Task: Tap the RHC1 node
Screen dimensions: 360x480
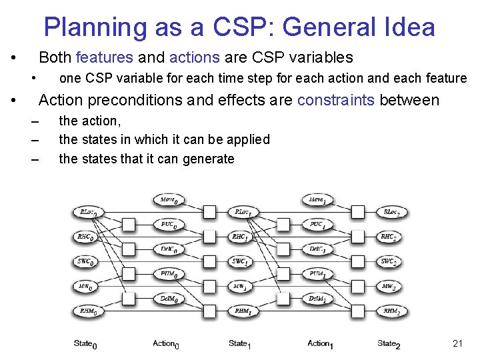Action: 241,237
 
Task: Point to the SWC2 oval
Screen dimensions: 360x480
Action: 391,261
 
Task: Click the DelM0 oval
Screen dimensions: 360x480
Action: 169,299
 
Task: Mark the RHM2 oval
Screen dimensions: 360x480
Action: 391,311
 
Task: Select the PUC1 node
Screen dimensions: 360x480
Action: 318,225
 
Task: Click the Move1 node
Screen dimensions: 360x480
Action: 318,199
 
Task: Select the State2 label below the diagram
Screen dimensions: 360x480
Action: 389,344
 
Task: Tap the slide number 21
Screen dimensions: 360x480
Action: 457,343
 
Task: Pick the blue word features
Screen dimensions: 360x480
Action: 105,57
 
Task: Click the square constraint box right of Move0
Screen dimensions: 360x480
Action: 209,212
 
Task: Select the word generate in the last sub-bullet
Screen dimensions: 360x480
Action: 207,159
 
